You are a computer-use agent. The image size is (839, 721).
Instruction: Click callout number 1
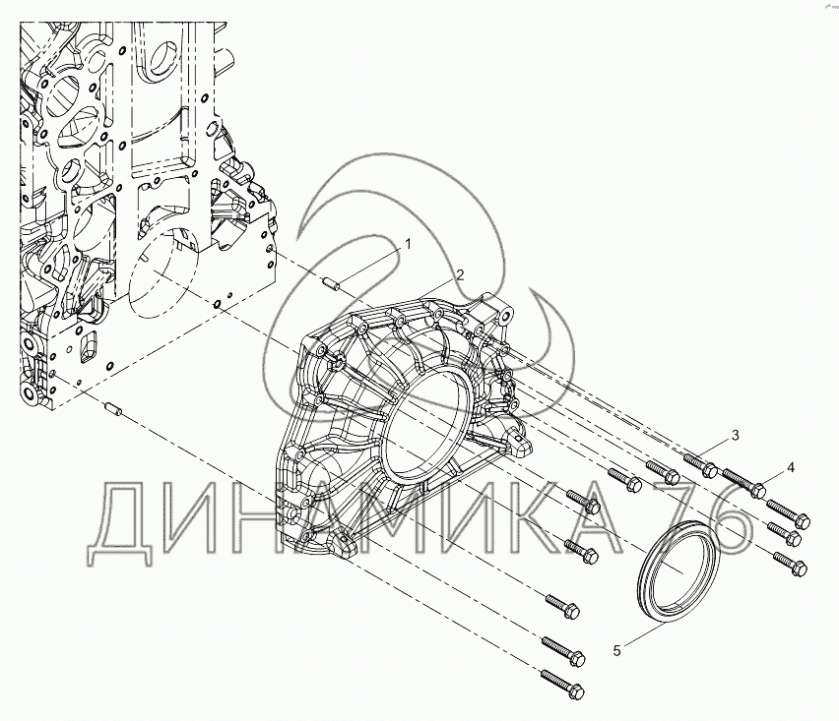(409, 245)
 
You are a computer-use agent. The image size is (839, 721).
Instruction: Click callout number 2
(460, 275)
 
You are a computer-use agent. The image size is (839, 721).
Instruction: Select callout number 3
(736, 435)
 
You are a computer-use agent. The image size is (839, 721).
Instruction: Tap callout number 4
(791, 468)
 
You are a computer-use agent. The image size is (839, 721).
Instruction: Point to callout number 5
(617, 651)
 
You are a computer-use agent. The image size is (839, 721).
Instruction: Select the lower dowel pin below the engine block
(113, 408)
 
